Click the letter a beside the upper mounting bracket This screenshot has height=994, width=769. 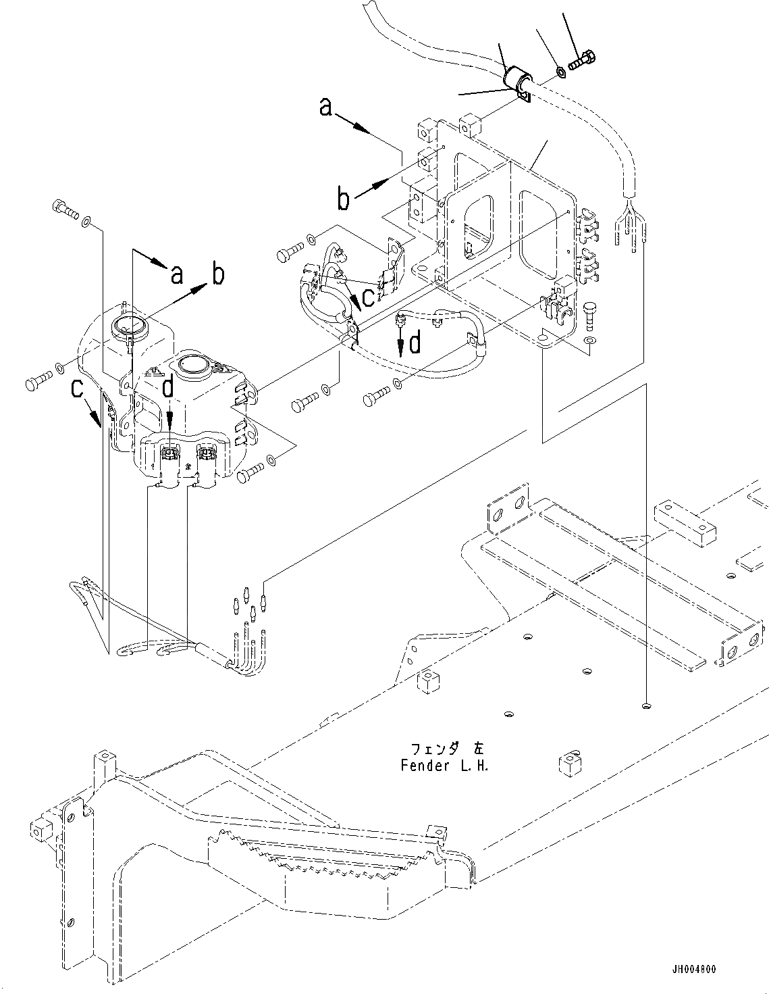coord(326,107)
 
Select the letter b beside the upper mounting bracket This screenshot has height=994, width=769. coord(344,200)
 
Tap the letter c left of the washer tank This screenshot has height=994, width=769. coord(78,388)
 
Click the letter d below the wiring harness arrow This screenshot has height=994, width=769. coord(415,343)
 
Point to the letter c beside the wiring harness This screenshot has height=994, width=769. coord(368,295)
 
